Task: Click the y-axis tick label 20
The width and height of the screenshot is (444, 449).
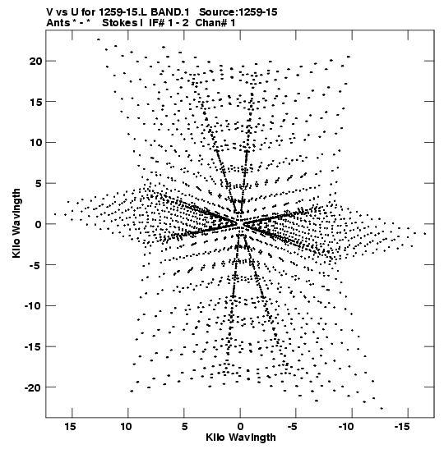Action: [x=35, y=61]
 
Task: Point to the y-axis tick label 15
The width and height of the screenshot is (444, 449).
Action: [x=35, y=102]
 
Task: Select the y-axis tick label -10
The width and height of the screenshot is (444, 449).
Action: [x=33, y=306]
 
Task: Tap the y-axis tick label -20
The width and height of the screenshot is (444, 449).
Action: [x=33, y=387]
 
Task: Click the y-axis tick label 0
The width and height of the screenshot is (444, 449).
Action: [x=39, y=224]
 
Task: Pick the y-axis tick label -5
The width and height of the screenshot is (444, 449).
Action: [x=36, y=265]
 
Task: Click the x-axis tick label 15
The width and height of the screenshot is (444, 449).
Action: [x=70, y=427]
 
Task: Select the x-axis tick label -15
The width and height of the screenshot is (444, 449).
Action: [x=402, y=427]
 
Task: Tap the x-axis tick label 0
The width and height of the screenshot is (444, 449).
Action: [x=240, y=427]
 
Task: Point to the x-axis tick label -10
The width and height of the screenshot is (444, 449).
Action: [x=346, y=427]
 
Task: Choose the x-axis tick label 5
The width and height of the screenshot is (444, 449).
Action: [x=184, y=427]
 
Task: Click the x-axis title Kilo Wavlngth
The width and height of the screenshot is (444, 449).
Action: [x=241, y=438]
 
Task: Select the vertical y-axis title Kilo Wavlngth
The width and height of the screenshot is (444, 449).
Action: [x=16, y=223]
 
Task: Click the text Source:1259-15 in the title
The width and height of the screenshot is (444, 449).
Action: [x=238, y=12]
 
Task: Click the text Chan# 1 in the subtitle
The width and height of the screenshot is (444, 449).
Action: [x=215, y=23]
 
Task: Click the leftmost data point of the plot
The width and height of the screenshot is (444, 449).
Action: [x=55, y=214]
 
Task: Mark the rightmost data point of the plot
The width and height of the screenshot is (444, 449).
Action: [x=425, y=234]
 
